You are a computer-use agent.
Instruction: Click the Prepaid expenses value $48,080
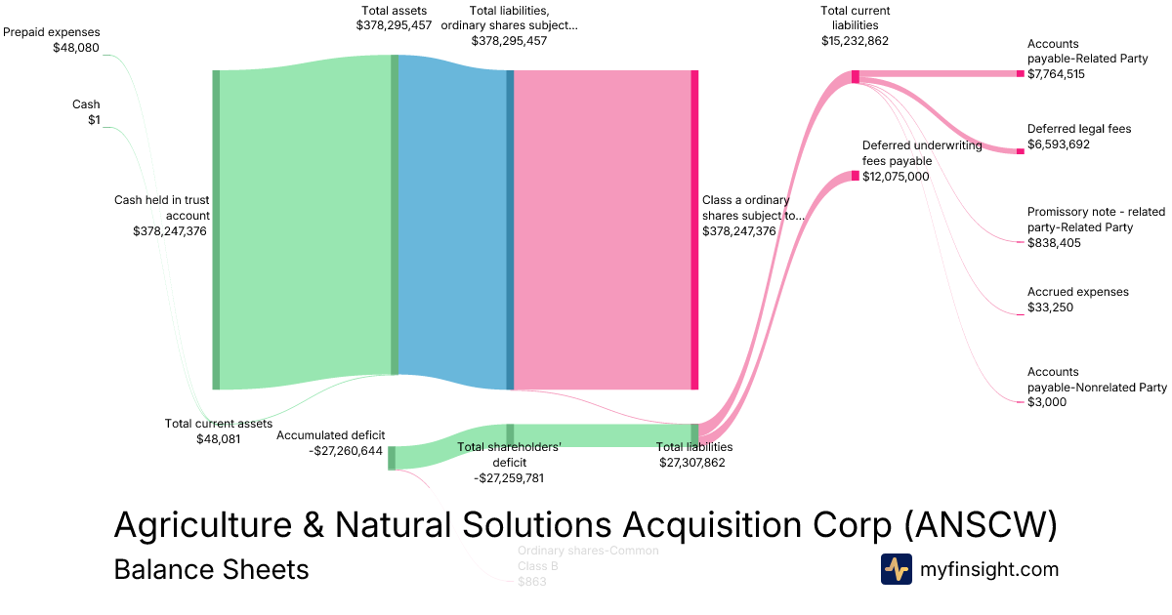76,47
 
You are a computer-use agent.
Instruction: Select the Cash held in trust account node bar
216,229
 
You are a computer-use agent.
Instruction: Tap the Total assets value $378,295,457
394,25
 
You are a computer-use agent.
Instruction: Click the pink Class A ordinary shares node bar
694,229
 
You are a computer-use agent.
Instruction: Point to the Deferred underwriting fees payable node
855,176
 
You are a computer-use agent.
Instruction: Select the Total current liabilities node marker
855,76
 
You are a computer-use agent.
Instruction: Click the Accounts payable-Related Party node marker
1020,73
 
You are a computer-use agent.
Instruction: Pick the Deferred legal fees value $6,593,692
1059,144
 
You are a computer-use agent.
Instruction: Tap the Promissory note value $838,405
1054,243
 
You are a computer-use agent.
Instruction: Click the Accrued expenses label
1077,292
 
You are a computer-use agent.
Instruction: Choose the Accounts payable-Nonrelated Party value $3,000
1046,402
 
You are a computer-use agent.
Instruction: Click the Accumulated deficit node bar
392,458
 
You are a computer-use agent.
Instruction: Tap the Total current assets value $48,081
219,439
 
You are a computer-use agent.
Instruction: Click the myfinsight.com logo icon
896,569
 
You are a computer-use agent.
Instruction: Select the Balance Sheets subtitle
211,569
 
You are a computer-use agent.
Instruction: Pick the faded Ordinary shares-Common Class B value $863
532,582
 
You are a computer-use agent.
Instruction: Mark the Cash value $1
94,120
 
